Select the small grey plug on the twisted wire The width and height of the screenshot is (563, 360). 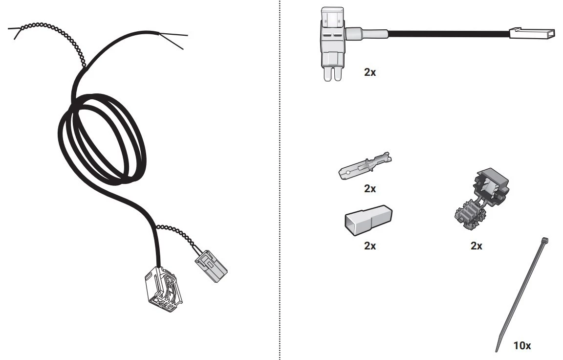(x=211, y=266)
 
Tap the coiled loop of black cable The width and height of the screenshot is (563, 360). (x=102, y=139)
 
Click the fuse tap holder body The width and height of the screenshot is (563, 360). (x=333, y=43)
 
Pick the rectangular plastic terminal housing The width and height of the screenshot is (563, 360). (x=368, y=220)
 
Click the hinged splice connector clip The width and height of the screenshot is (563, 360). (x=481, y=199)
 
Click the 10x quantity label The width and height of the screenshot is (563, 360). (x=522, y=345)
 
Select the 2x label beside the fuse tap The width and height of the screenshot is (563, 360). (x=370, y=72)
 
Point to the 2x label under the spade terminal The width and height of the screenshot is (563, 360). (x=370, y=188)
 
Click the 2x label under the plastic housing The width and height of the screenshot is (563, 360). (x=370, y=246)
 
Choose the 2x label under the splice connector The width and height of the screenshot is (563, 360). (x=476, y=246)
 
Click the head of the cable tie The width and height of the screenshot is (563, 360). (x=545, y=240)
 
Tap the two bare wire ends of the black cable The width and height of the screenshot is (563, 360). (x=173, y=40)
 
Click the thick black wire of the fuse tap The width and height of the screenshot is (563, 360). (x=449, y=34)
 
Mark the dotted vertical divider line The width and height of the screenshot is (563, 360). (x=280, y=180)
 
